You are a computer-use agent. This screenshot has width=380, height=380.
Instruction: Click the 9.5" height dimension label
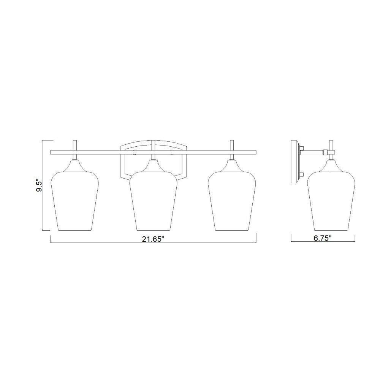point(39,186)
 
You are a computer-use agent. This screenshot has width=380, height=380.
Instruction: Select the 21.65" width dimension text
point(153,239)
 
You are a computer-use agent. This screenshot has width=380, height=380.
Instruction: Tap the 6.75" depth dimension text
point(323,238)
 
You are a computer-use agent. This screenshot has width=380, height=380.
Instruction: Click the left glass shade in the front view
point(74,201)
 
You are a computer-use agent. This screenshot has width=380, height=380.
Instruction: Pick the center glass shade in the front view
point(154,201)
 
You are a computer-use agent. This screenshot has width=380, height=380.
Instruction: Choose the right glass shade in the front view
point(232,201)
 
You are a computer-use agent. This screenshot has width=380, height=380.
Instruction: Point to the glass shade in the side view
point(331,201)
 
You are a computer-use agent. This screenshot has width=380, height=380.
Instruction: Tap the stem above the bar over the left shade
point(75,145)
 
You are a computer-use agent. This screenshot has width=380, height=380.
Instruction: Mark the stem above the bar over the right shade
point(232,145)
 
